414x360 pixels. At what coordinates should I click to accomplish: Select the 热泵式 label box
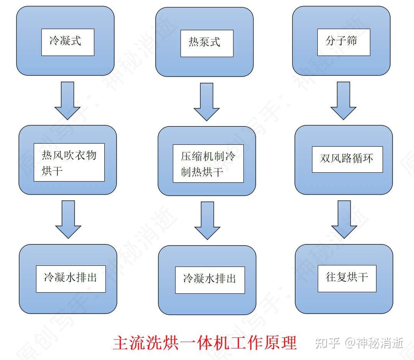[x=207, y=42]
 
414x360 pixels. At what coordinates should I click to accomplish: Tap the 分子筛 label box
[x=343, y=41]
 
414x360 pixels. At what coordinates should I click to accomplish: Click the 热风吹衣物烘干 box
[x=69, y=162]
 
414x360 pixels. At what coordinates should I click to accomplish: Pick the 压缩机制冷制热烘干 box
[x=208, y=164]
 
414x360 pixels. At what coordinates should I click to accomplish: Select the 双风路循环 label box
[x=347, y=159]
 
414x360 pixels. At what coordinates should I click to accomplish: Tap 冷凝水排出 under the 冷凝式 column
[x=71, y=278]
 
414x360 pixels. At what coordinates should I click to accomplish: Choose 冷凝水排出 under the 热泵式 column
[x=210, y=280]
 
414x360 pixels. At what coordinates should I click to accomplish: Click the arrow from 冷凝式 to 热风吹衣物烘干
[x=67, y=100]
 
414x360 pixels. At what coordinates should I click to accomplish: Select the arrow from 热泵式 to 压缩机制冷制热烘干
[x=207, y=101]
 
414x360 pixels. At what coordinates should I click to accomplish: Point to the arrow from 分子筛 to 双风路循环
[x=343, y=100]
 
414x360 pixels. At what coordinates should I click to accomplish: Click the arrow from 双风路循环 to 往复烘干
[x=344, y=219]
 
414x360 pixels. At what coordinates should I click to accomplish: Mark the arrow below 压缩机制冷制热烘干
[x=207, y=220]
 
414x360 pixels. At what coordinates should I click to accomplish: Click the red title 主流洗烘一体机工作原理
[x=205, y=342]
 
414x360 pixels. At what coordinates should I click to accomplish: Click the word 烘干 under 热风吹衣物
[x=52, y=171]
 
